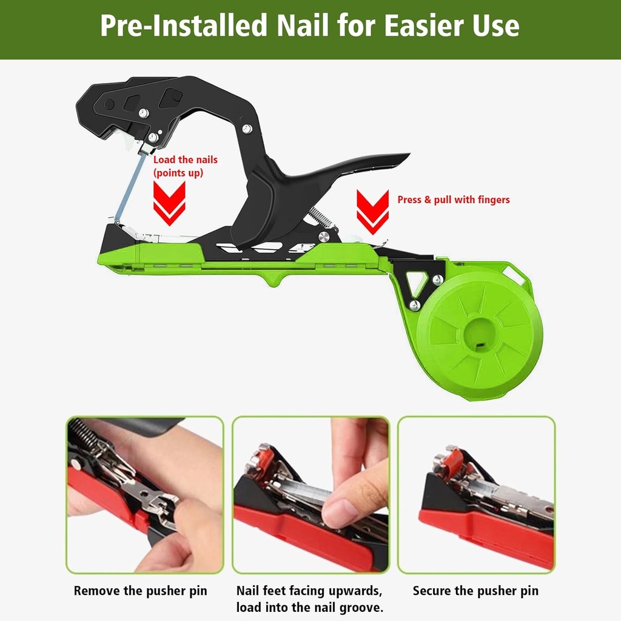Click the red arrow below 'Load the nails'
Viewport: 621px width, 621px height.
pyautogui.click(x=169, y=203)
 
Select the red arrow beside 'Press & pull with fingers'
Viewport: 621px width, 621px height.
pyautogui.click(x=372, y=211)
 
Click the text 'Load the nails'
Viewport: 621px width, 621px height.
pyautogui.click(x=185, y=159)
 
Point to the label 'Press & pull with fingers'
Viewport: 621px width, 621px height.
pyautogui.click(x=454, y=200)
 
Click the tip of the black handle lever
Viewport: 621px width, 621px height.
pyautogui.click(x=403, y=158)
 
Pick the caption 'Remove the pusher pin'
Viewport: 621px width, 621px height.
pyautogui.click(x=141, y=591)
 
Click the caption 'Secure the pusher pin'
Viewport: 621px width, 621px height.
pyautogui.click(x=475, y=591)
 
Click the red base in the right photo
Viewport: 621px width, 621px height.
pyautogui.click(x=485, y=536)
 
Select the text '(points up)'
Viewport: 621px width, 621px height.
pyautogui.click(x=178, y=173)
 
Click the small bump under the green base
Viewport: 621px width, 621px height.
pyautogui.click(x=271, y=280)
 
